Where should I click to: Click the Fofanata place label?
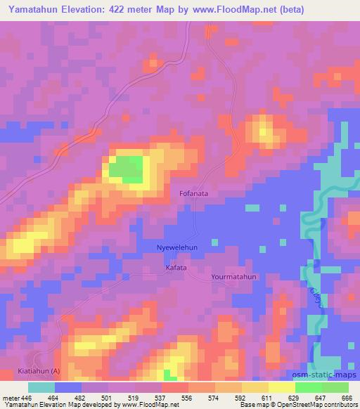click(194, 192)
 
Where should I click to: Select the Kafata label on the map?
click(176, 268)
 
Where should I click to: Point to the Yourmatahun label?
click(234, 278)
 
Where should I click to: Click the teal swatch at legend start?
click(41, 387)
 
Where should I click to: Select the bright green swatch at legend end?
click(335, 387)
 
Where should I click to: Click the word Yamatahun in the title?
click(30, 11)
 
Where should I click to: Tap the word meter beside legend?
click(11, 397)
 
